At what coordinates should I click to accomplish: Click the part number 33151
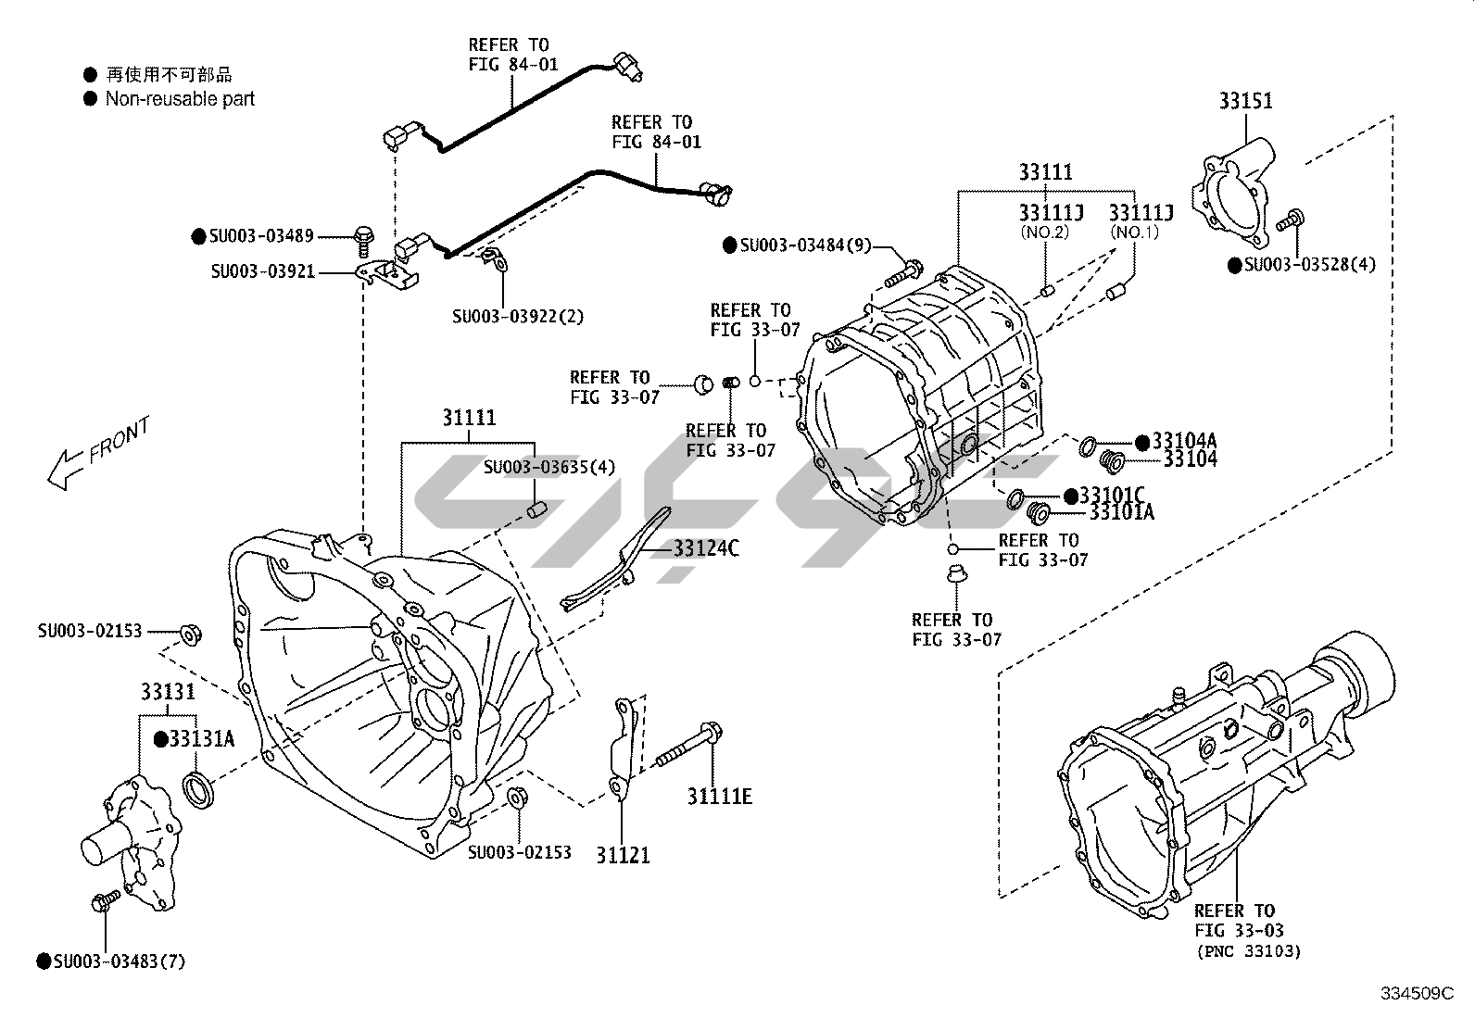coord(1245,101)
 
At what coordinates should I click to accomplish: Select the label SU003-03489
coord(261,235)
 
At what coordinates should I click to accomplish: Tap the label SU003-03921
coord(263,271)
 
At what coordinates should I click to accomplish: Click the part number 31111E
coord(720,797)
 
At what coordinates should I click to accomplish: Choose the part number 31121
coord(623,855)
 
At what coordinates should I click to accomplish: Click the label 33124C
coord(706,547)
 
